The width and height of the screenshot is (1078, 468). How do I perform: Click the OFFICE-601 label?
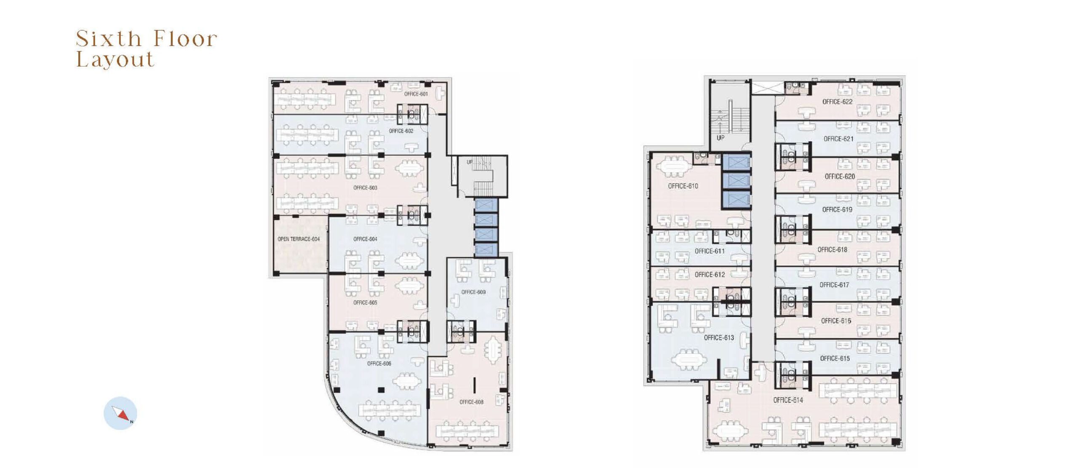[416, 94]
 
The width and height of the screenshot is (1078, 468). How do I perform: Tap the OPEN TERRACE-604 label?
[299, 239]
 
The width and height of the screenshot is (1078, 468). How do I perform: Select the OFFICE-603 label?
[365, 187]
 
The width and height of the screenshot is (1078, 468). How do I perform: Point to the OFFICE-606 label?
[379, 364]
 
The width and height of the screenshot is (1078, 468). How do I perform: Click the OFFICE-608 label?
[471, 402]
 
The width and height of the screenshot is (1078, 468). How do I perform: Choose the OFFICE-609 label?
[473, 292]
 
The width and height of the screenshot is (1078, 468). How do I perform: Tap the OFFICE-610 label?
[683, 186]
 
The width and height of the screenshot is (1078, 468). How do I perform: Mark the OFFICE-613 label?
[719, 337]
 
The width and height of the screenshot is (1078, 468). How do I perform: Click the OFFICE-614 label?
[788, 400]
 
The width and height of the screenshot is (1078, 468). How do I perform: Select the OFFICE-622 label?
[837, 102]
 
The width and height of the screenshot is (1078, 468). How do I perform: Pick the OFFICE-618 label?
[832, 249]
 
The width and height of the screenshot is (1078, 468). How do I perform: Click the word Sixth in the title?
[109, 39]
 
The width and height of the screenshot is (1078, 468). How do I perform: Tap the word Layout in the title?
[115, 59]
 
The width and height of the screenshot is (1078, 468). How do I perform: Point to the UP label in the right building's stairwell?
[720, 138]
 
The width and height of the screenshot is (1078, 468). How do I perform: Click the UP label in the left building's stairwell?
[470, 162]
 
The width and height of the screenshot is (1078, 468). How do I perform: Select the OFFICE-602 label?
[401, 131]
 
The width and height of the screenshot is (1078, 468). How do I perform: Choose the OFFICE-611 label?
[710, 251]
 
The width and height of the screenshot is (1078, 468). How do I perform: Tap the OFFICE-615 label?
[835, 358]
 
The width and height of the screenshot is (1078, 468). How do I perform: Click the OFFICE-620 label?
[840, 177]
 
